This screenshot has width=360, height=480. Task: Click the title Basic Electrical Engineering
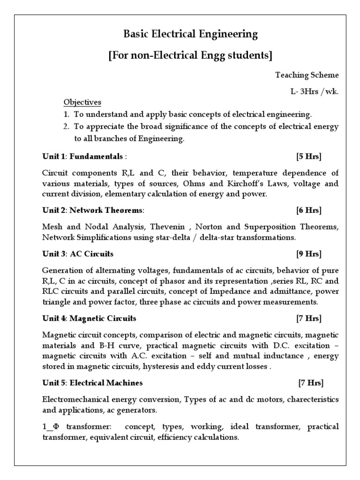pyautogui.click(x=190, y=34)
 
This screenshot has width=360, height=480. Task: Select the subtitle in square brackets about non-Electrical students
pyautogui.click(x=190, y=55)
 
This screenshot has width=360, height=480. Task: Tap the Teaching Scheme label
pyautogui.click(x=307, y=75)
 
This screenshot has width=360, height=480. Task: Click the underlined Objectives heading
pyautogui.click(x=82, y=102)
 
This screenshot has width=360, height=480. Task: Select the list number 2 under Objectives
pyautogui.click(x=67, y=127)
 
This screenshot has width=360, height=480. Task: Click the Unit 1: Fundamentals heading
pyautogui.click(x=82, y=156)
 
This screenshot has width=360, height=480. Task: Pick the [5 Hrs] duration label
pyautogui.click(x=309, y=156)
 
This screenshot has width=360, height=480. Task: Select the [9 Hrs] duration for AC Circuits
pyautogui.click(x=309, y=254)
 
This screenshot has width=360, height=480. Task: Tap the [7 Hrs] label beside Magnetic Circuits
pyautogui.click(x=309, y=318)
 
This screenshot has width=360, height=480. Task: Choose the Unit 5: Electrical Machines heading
pyautogui.click(x=92, y=383)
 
